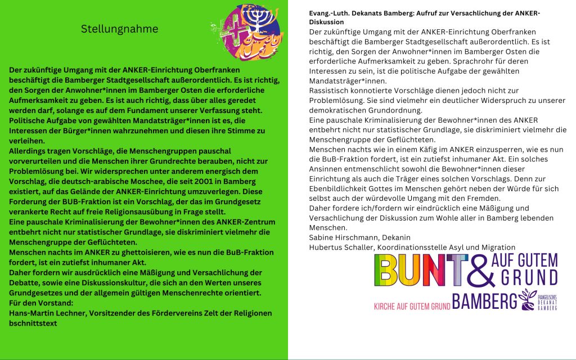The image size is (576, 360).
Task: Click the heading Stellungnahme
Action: (x=119, y=29)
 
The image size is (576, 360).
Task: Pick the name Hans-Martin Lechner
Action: (x=46, y=313)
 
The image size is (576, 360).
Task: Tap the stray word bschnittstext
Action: (x=33, y=323)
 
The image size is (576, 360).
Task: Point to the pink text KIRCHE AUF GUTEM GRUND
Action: (x=412, y=307)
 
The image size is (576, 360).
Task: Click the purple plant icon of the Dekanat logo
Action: (x=528, y=299)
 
